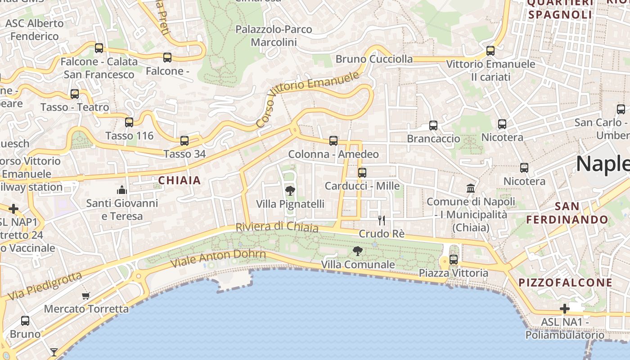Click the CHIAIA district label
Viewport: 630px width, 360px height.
coord(179,180)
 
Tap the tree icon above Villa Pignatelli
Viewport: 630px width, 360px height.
coord(290,190)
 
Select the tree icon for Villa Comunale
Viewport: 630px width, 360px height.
coord(358,251)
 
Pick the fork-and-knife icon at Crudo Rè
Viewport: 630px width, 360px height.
coord(382,220)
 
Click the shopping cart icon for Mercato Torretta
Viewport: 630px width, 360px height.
coord(86,296)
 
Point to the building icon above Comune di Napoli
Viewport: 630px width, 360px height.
coord(471,188)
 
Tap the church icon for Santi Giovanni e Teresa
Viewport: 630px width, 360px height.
coord(122,189)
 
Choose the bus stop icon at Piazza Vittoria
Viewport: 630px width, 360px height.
coord(454,260)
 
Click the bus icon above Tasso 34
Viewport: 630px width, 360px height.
coord(184,140)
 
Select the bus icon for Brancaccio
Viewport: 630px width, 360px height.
coord(433,126)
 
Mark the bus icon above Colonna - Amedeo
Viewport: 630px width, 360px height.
coord(333,141)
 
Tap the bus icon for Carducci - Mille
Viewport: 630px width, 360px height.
coord(362,172)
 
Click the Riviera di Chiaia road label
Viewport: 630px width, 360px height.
coord(277,227)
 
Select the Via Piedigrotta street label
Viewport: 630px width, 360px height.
coord(45,286)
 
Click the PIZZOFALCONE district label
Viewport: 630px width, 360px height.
coord(566,283)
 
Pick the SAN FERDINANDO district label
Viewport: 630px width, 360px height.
coord(567,213)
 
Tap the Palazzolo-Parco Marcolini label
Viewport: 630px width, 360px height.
coord(274,36)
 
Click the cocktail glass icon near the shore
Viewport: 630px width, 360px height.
coord(54,352)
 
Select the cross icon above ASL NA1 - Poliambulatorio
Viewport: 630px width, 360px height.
coord(565,309)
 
